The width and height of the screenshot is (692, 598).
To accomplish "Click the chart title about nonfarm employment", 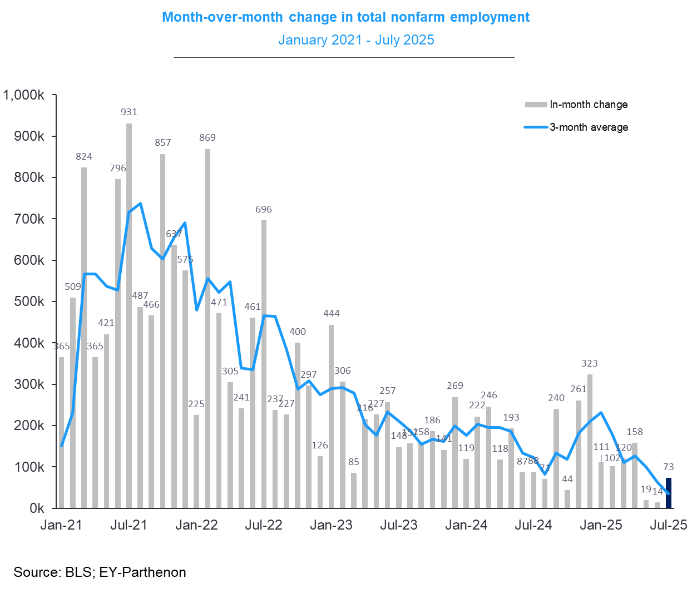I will click(x=345, y=17).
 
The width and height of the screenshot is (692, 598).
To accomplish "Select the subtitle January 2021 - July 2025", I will click(x=356, y=40).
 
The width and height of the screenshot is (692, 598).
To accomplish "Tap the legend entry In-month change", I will click(x=588, y=105).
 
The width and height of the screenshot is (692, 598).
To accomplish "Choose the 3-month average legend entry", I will click(x=589, y=127).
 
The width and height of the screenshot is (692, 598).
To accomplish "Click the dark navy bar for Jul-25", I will click(x=669, y=493).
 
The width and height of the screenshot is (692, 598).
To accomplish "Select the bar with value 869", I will click(x=207, y=328).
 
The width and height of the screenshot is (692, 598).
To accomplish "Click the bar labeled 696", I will click(x=264, y=364).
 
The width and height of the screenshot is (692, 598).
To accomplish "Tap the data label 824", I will click(x=84, y=156).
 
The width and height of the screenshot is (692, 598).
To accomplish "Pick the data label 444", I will click(x=332, y=313).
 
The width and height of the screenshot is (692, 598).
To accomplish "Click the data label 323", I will click(x=590, y=363).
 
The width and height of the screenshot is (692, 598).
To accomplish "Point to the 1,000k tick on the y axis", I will click(x=24, y=95).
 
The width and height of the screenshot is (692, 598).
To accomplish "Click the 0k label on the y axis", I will click(x=37, y=508).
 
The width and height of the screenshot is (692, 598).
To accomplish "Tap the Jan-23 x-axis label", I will click(x=331, y=525).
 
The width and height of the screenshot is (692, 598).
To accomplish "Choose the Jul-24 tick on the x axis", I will click(x=533, y=525).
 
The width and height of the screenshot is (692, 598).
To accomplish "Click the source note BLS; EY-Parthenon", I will click(x=100, y=572).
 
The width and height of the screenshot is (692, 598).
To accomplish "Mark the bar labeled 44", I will click(x=567, y=499).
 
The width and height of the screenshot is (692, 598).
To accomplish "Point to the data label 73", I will click(x=669, y=467).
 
